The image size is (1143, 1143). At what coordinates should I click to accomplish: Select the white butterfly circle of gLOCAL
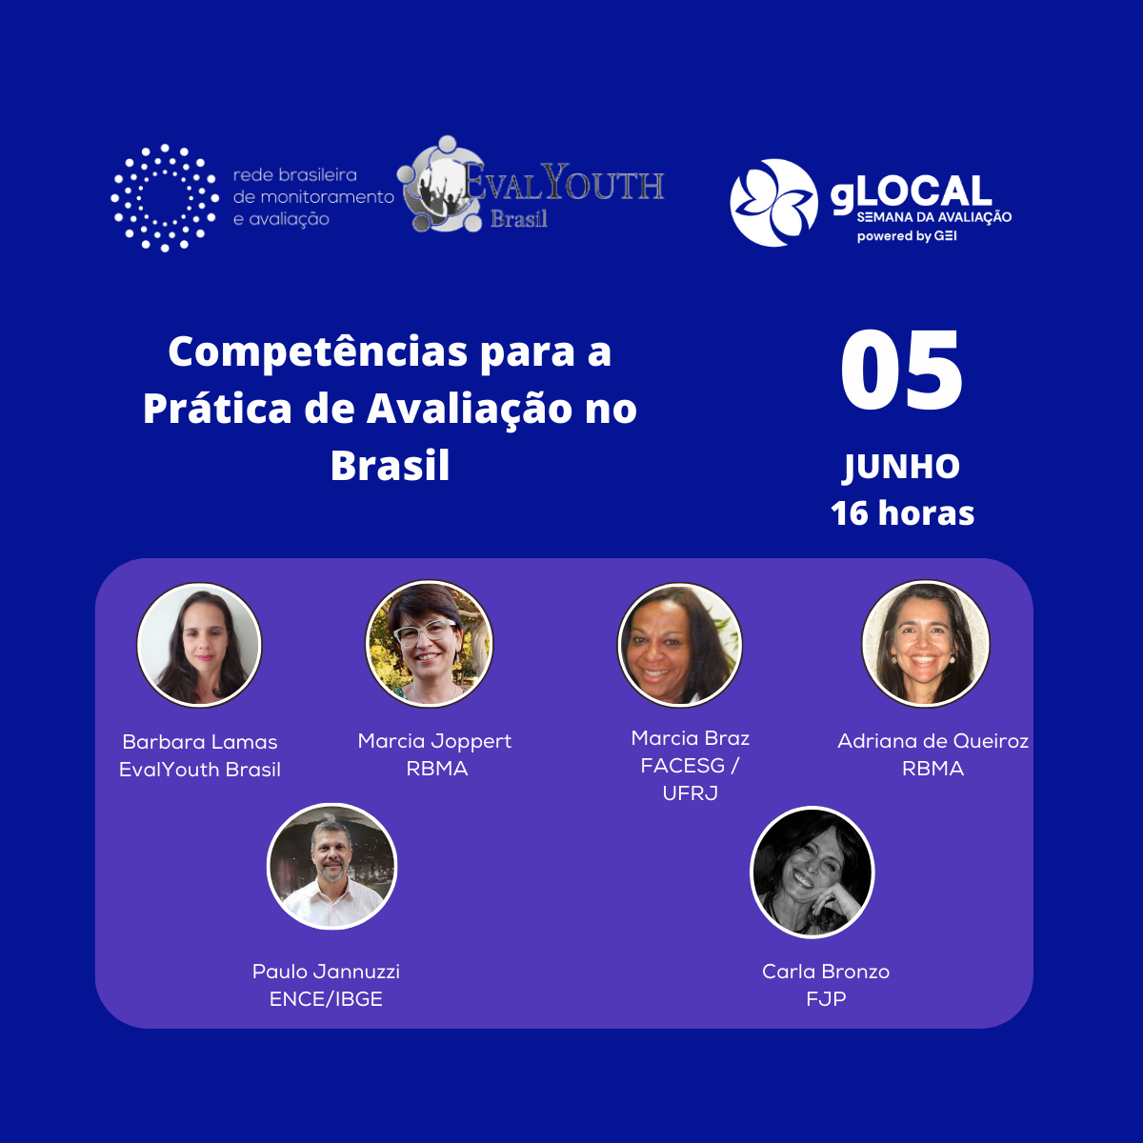tap(773, 202)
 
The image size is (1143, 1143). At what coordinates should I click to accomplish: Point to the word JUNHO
tap(902, 467)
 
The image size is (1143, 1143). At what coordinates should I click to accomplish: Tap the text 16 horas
tap(902, 513)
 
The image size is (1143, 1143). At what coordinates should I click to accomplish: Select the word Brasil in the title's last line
tap(390, 466)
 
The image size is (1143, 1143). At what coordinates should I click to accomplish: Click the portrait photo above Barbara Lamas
tap(199, 645)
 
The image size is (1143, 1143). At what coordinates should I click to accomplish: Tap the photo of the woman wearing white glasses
tap(429, 644)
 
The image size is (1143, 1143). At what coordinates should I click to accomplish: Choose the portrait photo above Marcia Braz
tap(680, 645)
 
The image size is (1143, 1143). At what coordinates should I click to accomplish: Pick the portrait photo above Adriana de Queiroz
tap(925, 644)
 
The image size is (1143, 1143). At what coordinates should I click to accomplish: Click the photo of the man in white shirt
tap(331, 867)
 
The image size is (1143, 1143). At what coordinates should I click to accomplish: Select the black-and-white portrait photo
tap(812, 872)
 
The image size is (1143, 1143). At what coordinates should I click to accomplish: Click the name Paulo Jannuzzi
tap(326, 972)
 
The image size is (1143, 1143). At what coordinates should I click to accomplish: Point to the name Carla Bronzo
tap(826, 972)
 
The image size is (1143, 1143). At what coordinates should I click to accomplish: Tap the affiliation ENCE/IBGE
tap(326, 999)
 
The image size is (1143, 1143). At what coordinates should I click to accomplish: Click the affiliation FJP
tap(826, 999)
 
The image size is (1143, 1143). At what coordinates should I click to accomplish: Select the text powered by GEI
tap(907, 236)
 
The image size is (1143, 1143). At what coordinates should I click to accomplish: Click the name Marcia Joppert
tap(434, 741)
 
